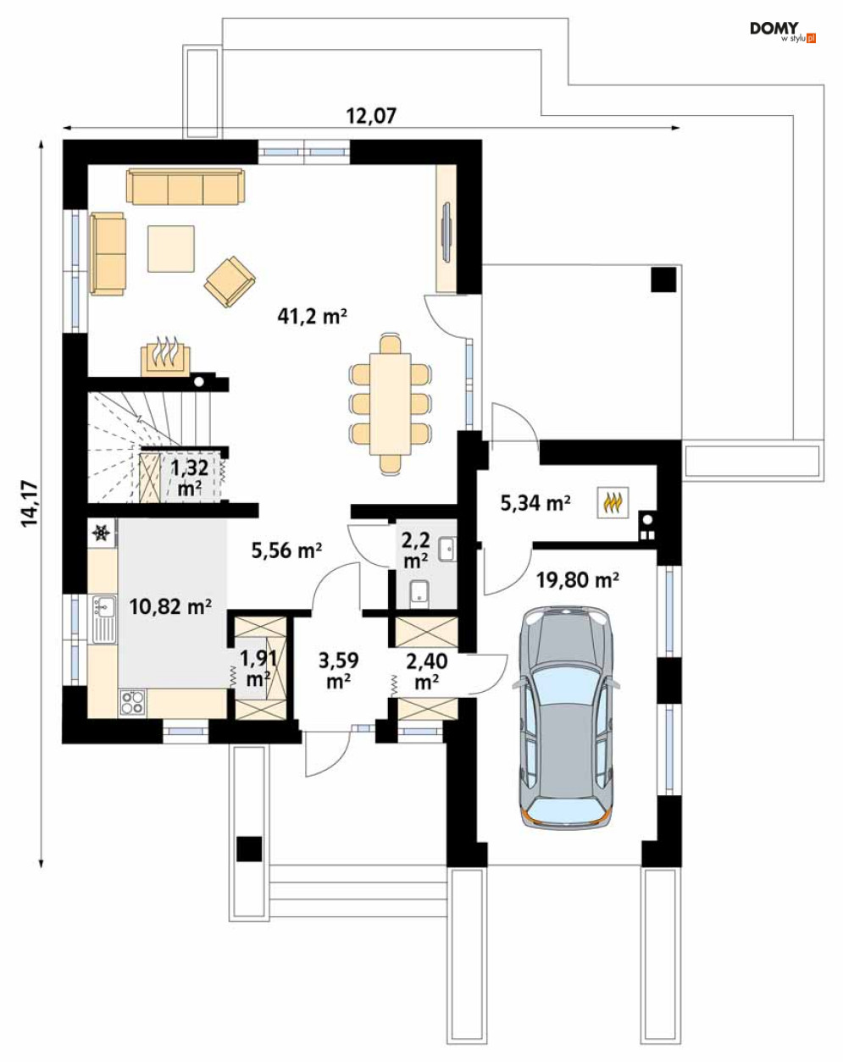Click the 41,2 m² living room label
(313, 317)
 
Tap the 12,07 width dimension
(370, 116)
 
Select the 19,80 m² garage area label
(577, 580)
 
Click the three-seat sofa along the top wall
(186, 186)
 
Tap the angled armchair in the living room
(230, 281)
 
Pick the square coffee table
(171, 248)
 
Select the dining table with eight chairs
(390, 401)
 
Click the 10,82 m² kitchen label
(169, 606)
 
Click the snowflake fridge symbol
(102, 533)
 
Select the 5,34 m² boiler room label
(535, 503)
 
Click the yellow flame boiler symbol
(613, 502)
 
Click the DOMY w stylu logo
(782, 31)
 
